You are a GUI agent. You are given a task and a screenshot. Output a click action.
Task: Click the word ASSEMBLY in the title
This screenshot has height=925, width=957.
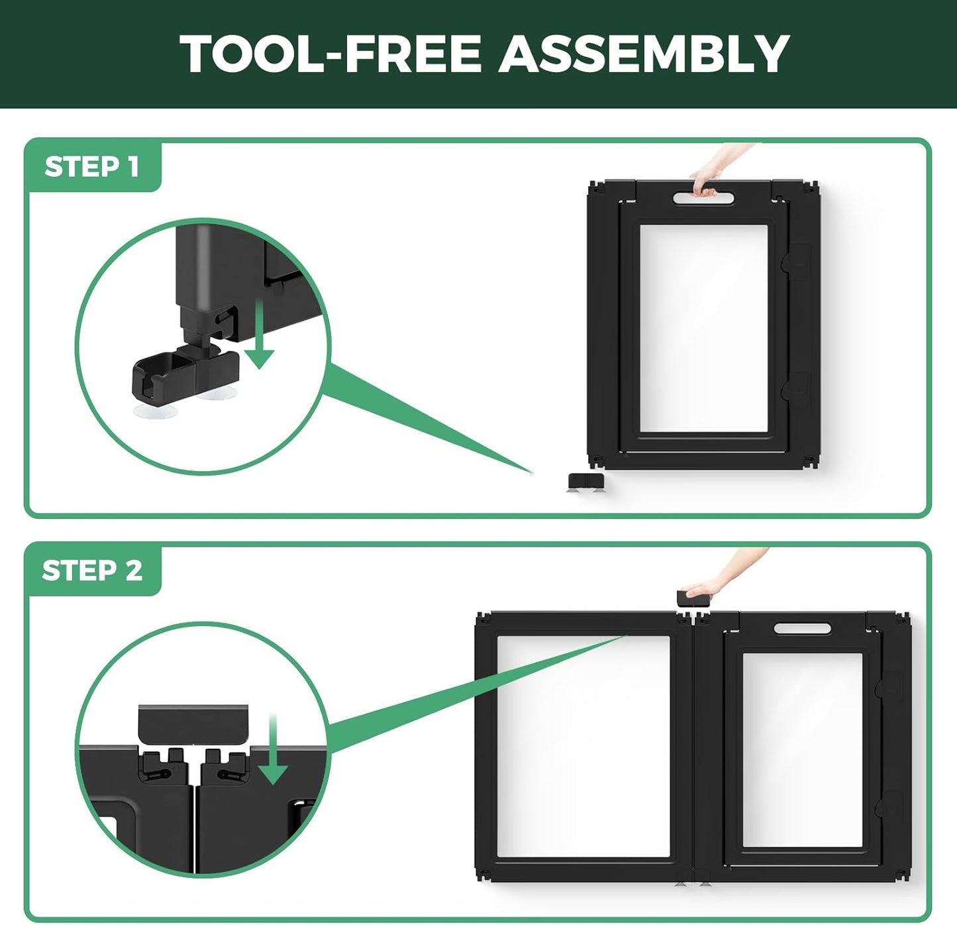click(x=644, y=54)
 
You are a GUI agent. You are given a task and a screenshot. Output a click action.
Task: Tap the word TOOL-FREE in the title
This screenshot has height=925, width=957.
click(x=330, y=54)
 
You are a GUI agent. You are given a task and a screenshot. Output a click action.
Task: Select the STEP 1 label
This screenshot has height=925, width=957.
click(x=92, y=167)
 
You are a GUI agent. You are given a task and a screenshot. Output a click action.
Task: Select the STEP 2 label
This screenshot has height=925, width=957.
click(x=92, y=571)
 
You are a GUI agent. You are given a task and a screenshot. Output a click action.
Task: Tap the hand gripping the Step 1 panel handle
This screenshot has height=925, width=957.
click(x=718, y=170)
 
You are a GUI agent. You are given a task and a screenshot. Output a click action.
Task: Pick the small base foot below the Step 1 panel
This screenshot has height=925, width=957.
click(x=585, y=482)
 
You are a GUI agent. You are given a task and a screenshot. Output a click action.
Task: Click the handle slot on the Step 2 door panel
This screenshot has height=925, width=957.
click(x=802, y=628)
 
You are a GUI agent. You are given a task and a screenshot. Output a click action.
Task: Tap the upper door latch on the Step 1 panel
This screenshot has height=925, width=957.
click(x=795, y=262)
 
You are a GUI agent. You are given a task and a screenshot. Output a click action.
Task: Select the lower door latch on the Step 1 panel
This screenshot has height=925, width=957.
click(x=795, y=391)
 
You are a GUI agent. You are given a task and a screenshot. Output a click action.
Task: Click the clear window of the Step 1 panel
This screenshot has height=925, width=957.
click(x=704, y=329)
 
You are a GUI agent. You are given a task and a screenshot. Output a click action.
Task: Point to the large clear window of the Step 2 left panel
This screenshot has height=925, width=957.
click(x=583, y=746)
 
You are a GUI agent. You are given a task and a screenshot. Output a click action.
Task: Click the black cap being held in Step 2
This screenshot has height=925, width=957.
click(x=694, y=599)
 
